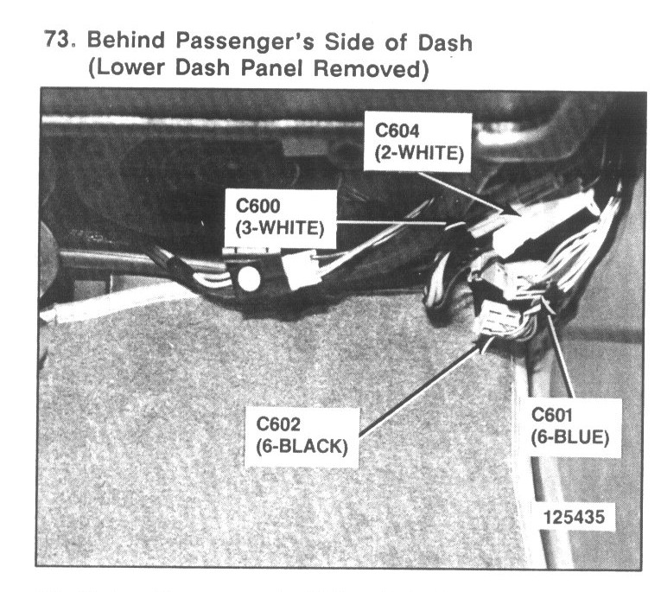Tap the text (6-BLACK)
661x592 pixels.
pos(302,446)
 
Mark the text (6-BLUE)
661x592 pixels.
pos(569,437)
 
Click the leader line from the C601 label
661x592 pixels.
pos(560,359)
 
